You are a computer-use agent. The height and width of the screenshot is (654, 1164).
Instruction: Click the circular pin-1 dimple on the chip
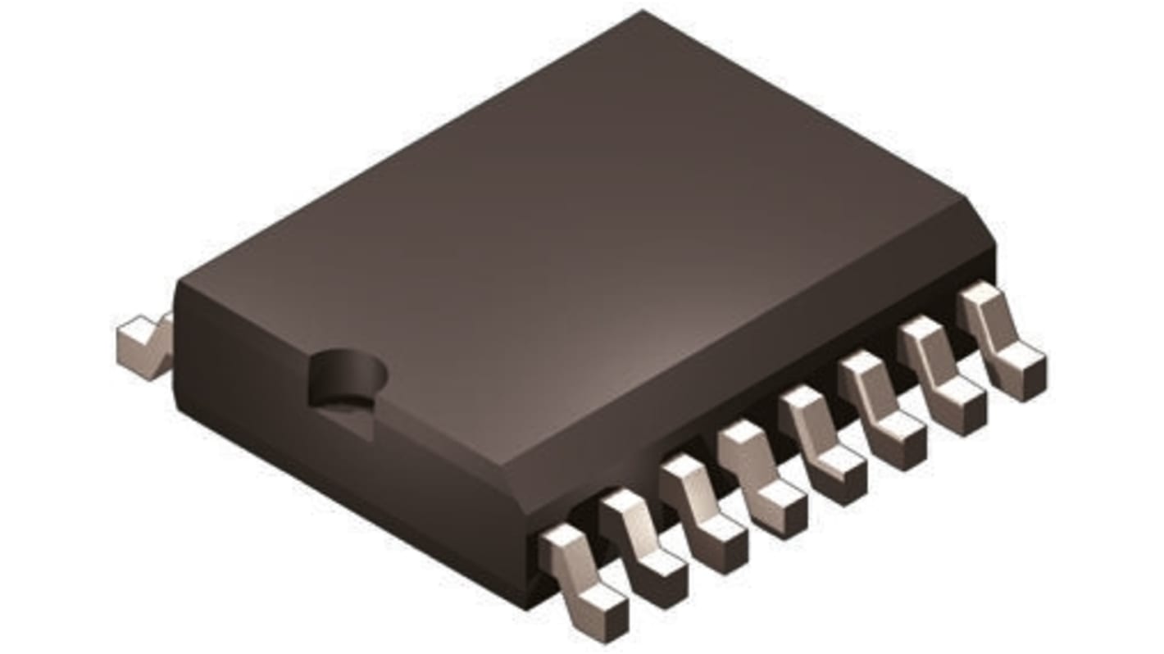pos(347,377)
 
